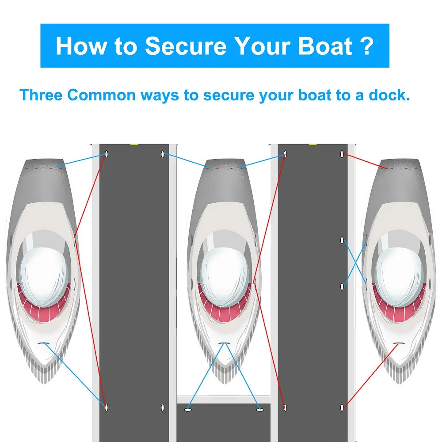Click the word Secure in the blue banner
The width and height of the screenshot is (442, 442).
pyautogui.click(x=186, y=46)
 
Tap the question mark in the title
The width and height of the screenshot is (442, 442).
pyautogui.click(x=367, y=46)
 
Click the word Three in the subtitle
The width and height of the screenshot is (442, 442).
pyautogui.click(x=41, y=95)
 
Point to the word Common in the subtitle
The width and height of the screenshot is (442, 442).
pyautogui.click(x=102, y=95)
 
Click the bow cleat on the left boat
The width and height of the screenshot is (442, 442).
pyautogui.click(x=43, y=343)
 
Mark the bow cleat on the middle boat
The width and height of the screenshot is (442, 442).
pyautogui.click(x=224, y=343)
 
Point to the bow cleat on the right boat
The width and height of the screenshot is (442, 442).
pyautogui.click(x=399, y=343)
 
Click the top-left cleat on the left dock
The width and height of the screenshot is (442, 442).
pyautogui.click(x=107, y=154)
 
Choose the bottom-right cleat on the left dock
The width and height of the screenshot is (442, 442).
pyautogui.click(x=163, y=408)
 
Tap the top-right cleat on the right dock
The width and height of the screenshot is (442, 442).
pyautogui.click(x=342, y=154)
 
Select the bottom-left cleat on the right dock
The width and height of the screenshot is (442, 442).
pyautogui.click(x=285, y=408)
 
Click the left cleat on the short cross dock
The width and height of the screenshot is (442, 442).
pyautogui.click(x=188, y=409)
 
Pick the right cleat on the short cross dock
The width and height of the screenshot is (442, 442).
pyautogui.click(x=260, y=409)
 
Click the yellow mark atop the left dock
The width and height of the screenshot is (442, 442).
pyautogui.click(x=134, y=145)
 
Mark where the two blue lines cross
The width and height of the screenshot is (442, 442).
pyautogui.click(x=354, y=263)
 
